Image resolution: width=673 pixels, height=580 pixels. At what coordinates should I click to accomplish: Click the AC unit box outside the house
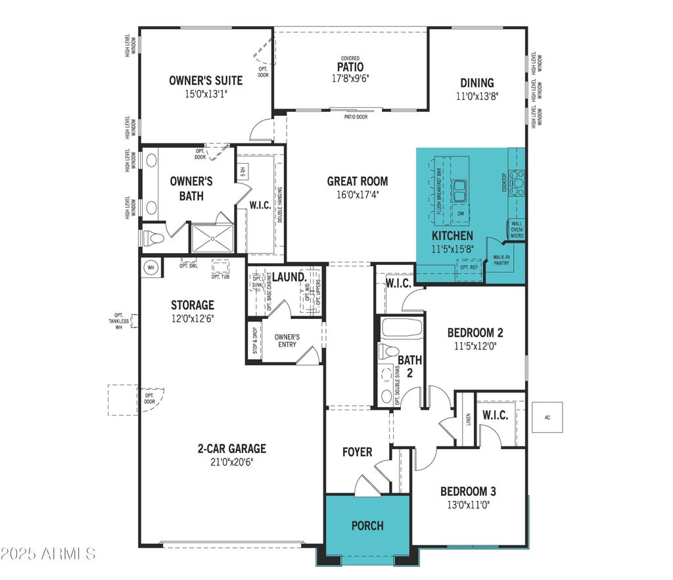[x=547, y=417]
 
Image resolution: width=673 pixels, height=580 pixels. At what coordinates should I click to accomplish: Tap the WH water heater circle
[x=151, y=268]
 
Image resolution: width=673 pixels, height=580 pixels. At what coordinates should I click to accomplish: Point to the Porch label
[x=367, y=525]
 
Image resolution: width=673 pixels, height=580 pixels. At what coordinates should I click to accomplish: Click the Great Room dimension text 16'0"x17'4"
[x=357, y=195]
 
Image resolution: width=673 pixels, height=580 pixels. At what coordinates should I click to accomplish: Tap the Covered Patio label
[x=350, y=67]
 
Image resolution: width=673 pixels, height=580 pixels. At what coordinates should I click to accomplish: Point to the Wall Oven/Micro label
[x=517, y=229]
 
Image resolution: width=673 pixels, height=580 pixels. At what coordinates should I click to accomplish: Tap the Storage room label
[x=193, y=305]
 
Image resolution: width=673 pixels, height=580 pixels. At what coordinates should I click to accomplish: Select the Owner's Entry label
[x=287, y=341]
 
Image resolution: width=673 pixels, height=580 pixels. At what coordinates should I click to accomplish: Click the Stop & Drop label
[x=254, y=340]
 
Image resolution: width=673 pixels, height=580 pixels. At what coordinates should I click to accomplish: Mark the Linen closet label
[x=469, y=418]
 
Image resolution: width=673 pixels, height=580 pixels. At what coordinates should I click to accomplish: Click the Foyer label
[x=358, y=452]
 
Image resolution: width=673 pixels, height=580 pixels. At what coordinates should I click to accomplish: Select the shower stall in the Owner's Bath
[x=212, y=238]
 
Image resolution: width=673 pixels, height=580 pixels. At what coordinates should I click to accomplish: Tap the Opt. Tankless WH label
[x=119, y=320]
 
